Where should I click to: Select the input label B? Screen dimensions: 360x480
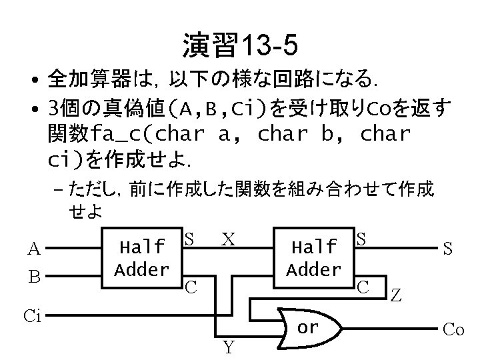point(33,275)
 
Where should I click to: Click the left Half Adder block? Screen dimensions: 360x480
point(141,259)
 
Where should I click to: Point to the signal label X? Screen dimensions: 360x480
point(228,239)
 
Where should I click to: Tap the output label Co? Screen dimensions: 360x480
point(454,329)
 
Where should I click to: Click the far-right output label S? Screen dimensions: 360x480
point(449,249)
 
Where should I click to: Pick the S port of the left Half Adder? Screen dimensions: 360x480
point(189,238)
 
